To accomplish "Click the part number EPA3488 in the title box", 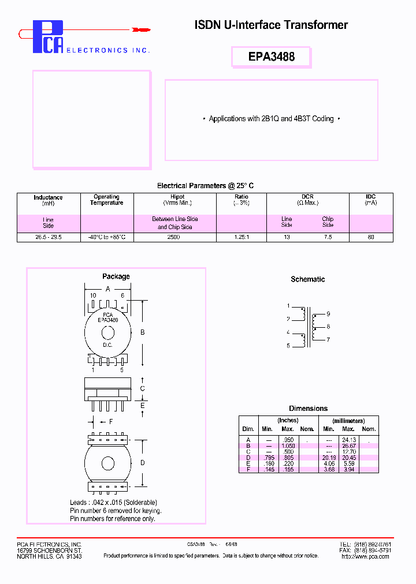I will pyautogui.click(x=271, y=57).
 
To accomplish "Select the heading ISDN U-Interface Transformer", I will pyautogui.click(x=271, y=25).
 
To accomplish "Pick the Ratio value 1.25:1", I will pyautogui.click(x=241, y=237).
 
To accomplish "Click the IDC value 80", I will pyautogui.click(x=371, y=237).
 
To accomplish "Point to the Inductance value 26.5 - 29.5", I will pyautogui.click(x=48, y=237).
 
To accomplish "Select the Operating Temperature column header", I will pyautogui.click(x=107, y=200).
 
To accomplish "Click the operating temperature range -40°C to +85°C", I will pyautogui.click(x=107, y=237).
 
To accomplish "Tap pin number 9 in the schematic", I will pyautogui.click(x=328, y=314).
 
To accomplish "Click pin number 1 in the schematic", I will pyautogui.click(x=288, y=306).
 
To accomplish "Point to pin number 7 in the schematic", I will pyautogui.click(x=328, y=340).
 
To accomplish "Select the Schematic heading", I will pyautogui.click(x=307, y=279).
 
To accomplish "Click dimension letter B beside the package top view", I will pyautogui.click(x=143, y=332).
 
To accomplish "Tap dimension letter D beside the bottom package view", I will pyautogui.click(x=143, y=463).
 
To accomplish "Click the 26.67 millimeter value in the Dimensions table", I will pyautogui.click(x=348, y=446).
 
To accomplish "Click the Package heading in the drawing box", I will pyautogui.click(x=116, y=276).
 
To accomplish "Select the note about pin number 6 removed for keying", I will pyautogui.click(x=116, y=511).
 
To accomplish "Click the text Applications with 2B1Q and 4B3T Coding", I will pyautogui.click(x=271, y=119).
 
